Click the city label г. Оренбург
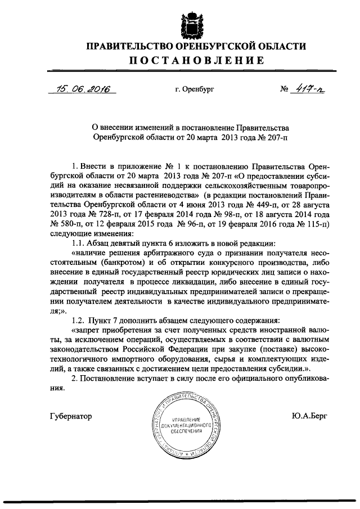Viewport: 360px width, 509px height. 195,89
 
